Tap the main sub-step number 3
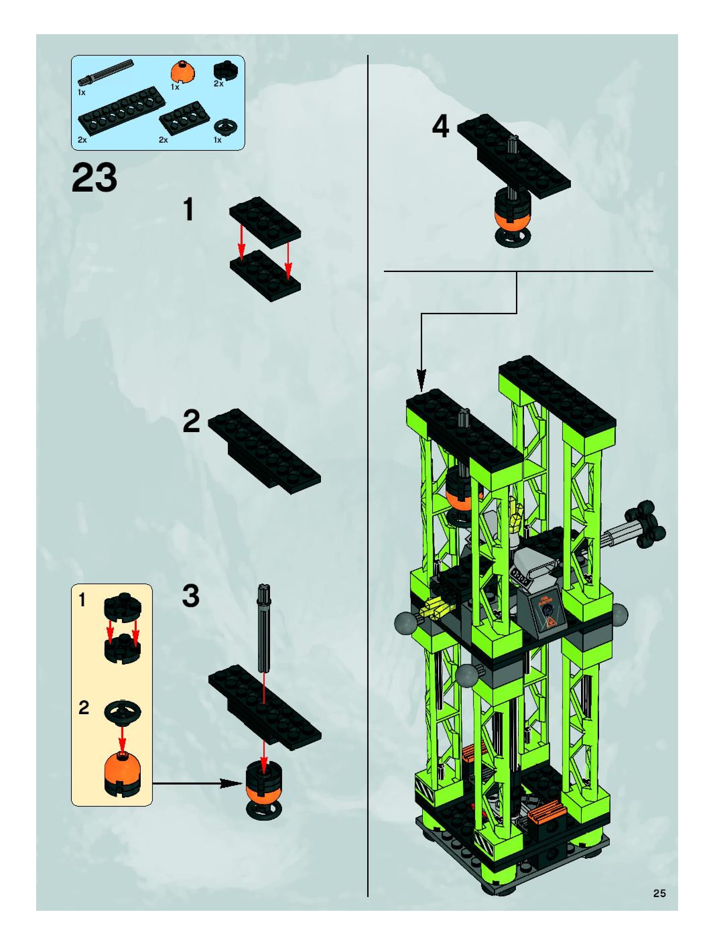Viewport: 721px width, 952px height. click(x=190, y=597)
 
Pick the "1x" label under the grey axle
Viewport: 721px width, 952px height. click(x=82, y=92)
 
